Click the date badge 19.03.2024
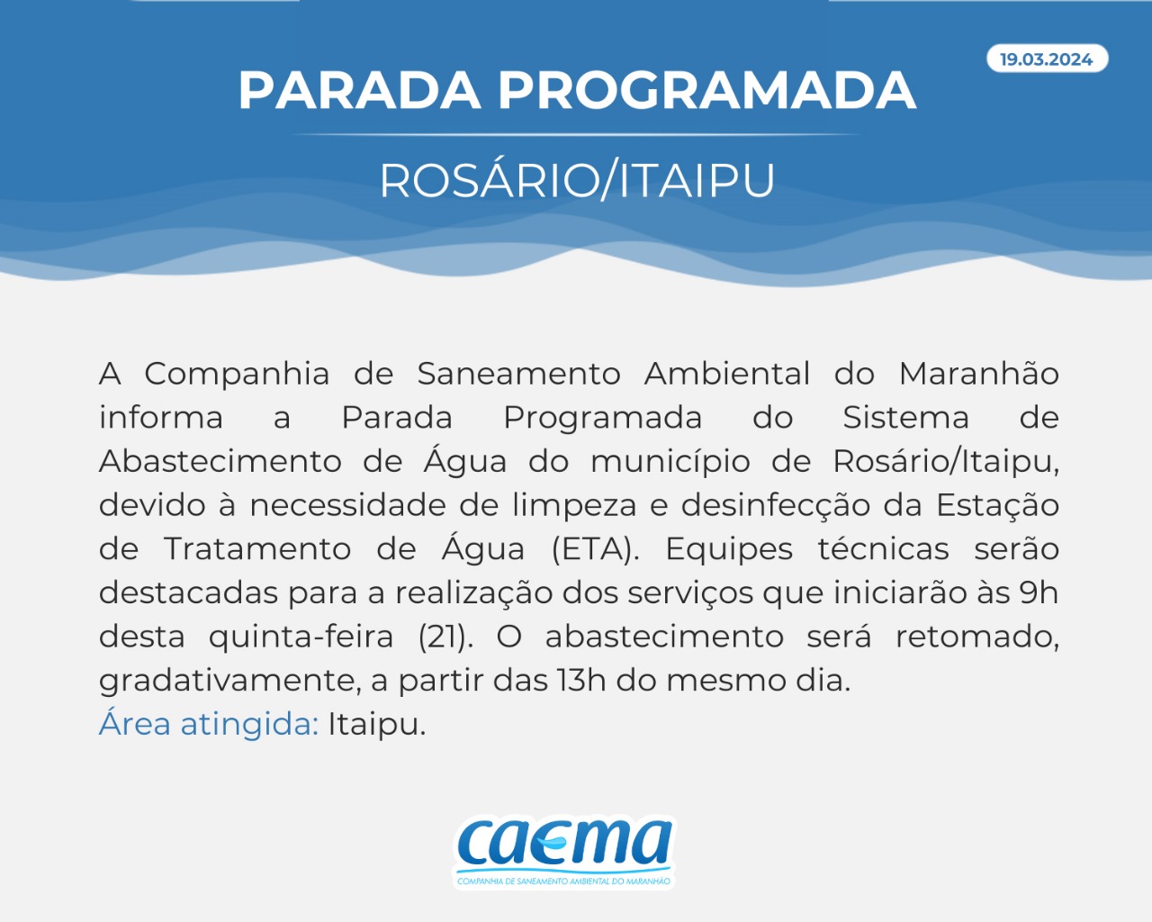1047,59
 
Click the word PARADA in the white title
359,90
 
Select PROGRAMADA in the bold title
706,90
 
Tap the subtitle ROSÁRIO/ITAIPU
577,180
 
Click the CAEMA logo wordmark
564,844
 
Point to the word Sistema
905,418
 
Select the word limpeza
574,506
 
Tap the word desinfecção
776,506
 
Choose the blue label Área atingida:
209,724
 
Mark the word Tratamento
257,550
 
